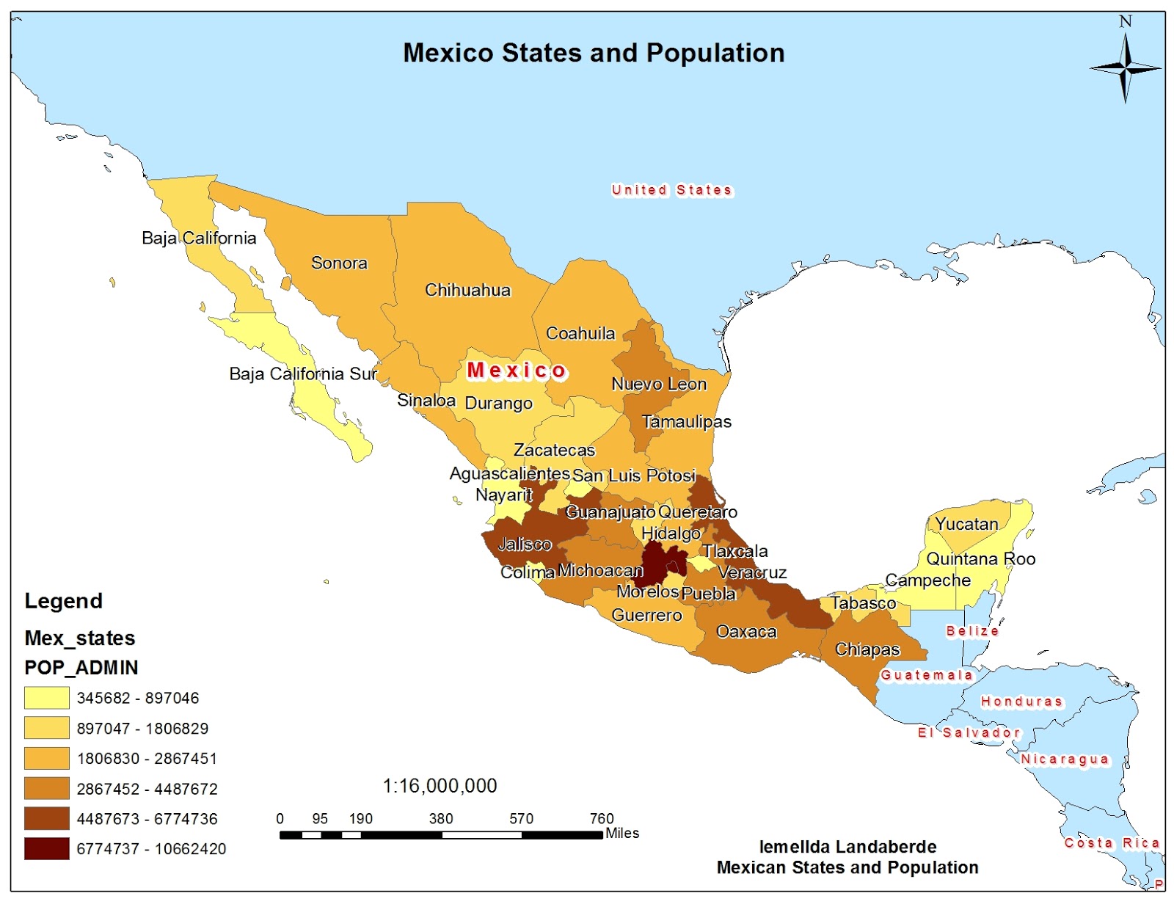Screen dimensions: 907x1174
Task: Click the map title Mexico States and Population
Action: (594, 53)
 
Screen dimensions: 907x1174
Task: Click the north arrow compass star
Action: (1125, 68)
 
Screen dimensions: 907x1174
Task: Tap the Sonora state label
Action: (339, 263)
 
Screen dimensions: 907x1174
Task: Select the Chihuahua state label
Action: (467, 290)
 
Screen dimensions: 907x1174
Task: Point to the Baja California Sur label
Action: (303, 374)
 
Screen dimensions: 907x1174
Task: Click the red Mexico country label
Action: (517, 371)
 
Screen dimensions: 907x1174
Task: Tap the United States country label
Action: (671, 190)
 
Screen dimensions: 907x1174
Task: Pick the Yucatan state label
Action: (966, 524)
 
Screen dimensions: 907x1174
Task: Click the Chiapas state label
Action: (867, 649)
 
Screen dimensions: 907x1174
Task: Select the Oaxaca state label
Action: (746, 632)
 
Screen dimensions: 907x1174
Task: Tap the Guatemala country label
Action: (926, 675)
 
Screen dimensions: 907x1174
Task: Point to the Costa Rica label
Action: (1112, 843)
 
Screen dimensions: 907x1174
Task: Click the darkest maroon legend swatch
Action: (47, 848)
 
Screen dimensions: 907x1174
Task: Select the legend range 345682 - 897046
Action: (138, 698)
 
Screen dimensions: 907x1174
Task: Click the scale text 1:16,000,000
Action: (440, 786)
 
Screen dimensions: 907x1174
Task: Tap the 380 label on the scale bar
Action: (441, 818)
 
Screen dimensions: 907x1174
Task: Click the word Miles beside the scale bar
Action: (622, 834)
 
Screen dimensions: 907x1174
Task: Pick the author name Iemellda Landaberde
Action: (847, 847)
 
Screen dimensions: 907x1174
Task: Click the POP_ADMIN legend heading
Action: (81, 668)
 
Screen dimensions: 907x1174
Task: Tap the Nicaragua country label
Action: (1065, 760)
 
